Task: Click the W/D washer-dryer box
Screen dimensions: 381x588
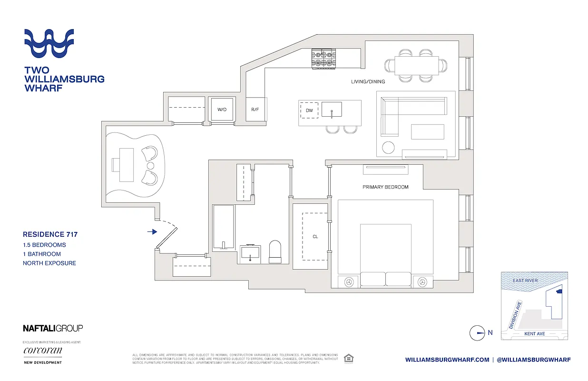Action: point(222,110)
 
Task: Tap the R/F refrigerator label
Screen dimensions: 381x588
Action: point(255,110)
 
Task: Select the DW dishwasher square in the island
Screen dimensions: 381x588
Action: point(310,110)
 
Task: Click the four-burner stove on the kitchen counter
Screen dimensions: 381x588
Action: point(322,59)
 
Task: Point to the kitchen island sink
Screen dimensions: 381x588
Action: point(332,110)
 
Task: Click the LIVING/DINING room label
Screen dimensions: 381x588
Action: point(368,82)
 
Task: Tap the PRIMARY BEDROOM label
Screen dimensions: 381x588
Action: point(385,187)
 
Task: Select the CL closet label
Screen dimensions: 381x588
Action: point(315,236)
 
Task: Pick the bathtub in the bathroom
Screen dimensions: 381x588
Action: point(224,227)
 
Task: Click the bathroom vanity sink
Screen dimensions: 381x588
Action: point(250,253)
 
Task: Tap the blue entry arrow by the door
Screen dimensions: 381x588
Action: point(152,232)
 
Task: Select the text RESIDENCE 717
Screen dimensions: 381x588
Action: point(50,234)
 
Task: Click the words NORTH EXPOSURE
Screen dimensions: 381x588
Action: point(49,263)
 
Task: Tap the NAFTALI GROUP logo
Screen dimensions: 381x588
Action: point(53,328)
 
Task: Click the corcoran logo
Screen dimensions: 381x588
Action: point(42,351)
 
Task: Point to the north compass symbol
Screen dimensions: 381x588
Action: point(477,333)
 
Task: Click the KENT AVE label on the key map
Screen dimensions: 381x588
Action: point(534,334)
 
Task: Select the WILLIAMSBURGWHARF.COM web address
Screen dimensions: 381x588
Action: point(447,360)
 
